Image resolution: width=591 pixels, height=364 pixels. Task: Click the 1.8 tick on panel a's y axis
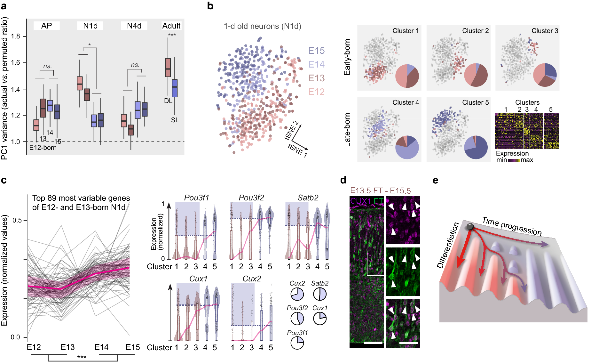[x=15, y=36]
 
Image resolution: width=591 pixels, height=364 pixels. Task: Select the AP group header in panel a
[x=46, y=26]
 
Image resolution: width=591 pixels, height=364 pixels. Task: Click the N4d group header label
[x=134, y=26]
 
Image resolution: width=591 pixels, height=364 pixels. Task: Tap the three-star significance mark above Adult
[x=172, y=35]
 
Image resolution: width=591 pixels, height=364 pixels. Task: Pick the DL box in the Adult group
[x=168, y=68]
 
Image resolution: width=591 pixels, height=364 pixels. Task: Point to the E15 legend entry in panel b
[x=316, y=51]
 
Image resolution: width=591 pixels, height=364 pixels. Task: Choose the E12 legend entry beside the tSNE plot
[x=316, y=92]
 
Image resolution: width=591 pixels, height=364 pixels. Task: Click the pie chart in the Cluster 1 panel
[x=407, y=76]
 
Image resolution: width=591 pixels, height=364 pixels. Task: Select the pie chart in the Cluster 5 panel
[x=476, y=147]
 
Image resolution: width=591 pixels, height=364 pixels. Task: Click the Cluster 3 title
[x=545, y=31]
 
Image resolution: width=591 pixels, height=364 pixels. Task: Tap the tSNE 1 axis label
[x=297, y=150]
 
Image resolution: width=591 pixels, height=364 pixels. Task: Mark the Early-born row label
[x=347, y=57]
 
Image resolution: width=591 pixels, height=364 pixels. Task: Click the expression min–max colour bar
[x=514, y=160]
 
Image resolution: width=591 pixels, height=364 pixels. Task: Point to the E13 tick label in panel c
[x=67, y=347]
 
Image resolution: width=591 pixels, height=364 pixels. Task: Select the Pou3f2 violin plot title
[x=251, y=198]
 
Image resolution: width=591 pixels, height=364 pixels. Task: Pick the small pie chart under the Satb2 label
[x=319, y=294]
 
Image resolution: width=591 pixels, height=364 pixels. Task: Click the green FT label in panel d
[x=378, y=201]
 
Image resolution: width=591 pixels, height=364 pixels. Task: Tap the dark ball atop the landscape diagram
[x=470, y=227]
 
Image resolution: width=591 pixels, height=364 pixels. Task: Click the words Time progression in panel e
[x=512, y=226]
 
